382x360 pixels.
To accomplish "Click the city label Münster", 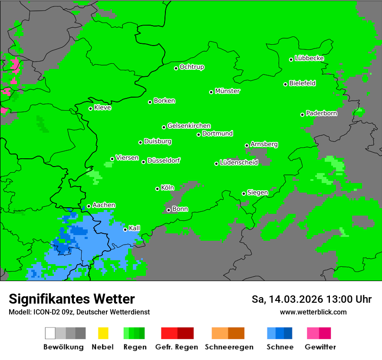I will click(x=227, y=91).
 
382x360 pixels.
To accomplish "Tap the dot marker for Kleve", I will click(x=90, y=108).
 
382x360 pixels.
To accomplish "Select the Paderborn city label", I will click(x=321, y=113).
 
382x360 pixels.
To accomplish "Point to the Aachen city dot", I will click(x=89, y=206).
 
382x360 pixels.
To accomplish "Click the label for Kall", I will click(x=135, y=228).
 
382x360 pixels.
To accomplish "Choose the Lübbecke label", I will click(x=309, y=58).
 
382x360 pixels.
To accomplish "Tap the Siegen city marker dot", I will click(x=244, y=193).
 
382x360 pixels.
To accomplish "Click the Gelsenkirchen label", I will click(x=189, y=126).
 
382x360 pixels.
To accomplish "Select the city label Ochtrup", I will click(x=192, y=67).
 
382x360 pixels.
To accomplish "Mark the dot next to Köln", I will click(x=157, y=189).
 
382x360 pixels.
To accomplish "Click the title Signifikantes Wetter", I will click(x=72, y=299).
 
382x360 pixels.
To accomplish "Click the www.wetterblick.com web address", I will click(x=313, y=312).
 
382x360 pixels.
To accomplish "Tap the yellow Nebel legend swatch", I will click(x=103, y=333).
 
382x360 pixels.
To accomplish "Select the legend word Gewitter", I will click(x=320, y=347).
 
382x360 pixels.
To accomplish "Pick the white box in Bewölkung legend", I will click(x=50, y=333).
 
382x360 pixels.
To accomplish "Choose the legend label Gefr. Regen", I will click(x=177, y=347).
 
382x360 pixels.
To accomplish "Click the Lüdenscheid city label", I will click(x=239, y=163).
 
